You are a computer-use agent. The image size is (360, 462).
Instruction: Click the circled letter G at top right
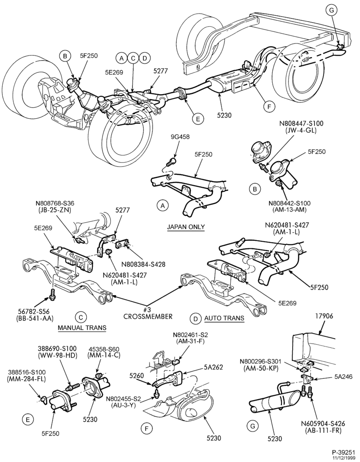331,10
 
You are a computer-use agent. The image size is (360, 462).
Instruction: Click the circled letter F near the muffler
269,107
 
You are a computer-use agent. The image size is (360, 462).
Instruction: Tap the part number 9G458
180,137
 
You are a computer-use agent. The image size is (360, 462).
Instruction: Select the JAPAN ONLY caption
186,227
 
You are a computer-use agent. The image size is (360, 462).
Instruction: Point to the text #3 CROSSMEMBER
148,314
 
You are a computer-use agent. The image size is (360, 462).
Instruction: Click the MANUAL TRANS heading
82,328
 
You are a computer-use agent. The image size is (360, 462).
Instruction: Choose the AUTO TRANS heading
224,318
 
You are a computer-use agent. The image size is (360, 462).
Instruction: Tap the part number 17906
324,316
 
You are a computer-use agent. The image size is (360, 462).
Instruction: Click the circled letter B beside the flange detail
255,189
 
